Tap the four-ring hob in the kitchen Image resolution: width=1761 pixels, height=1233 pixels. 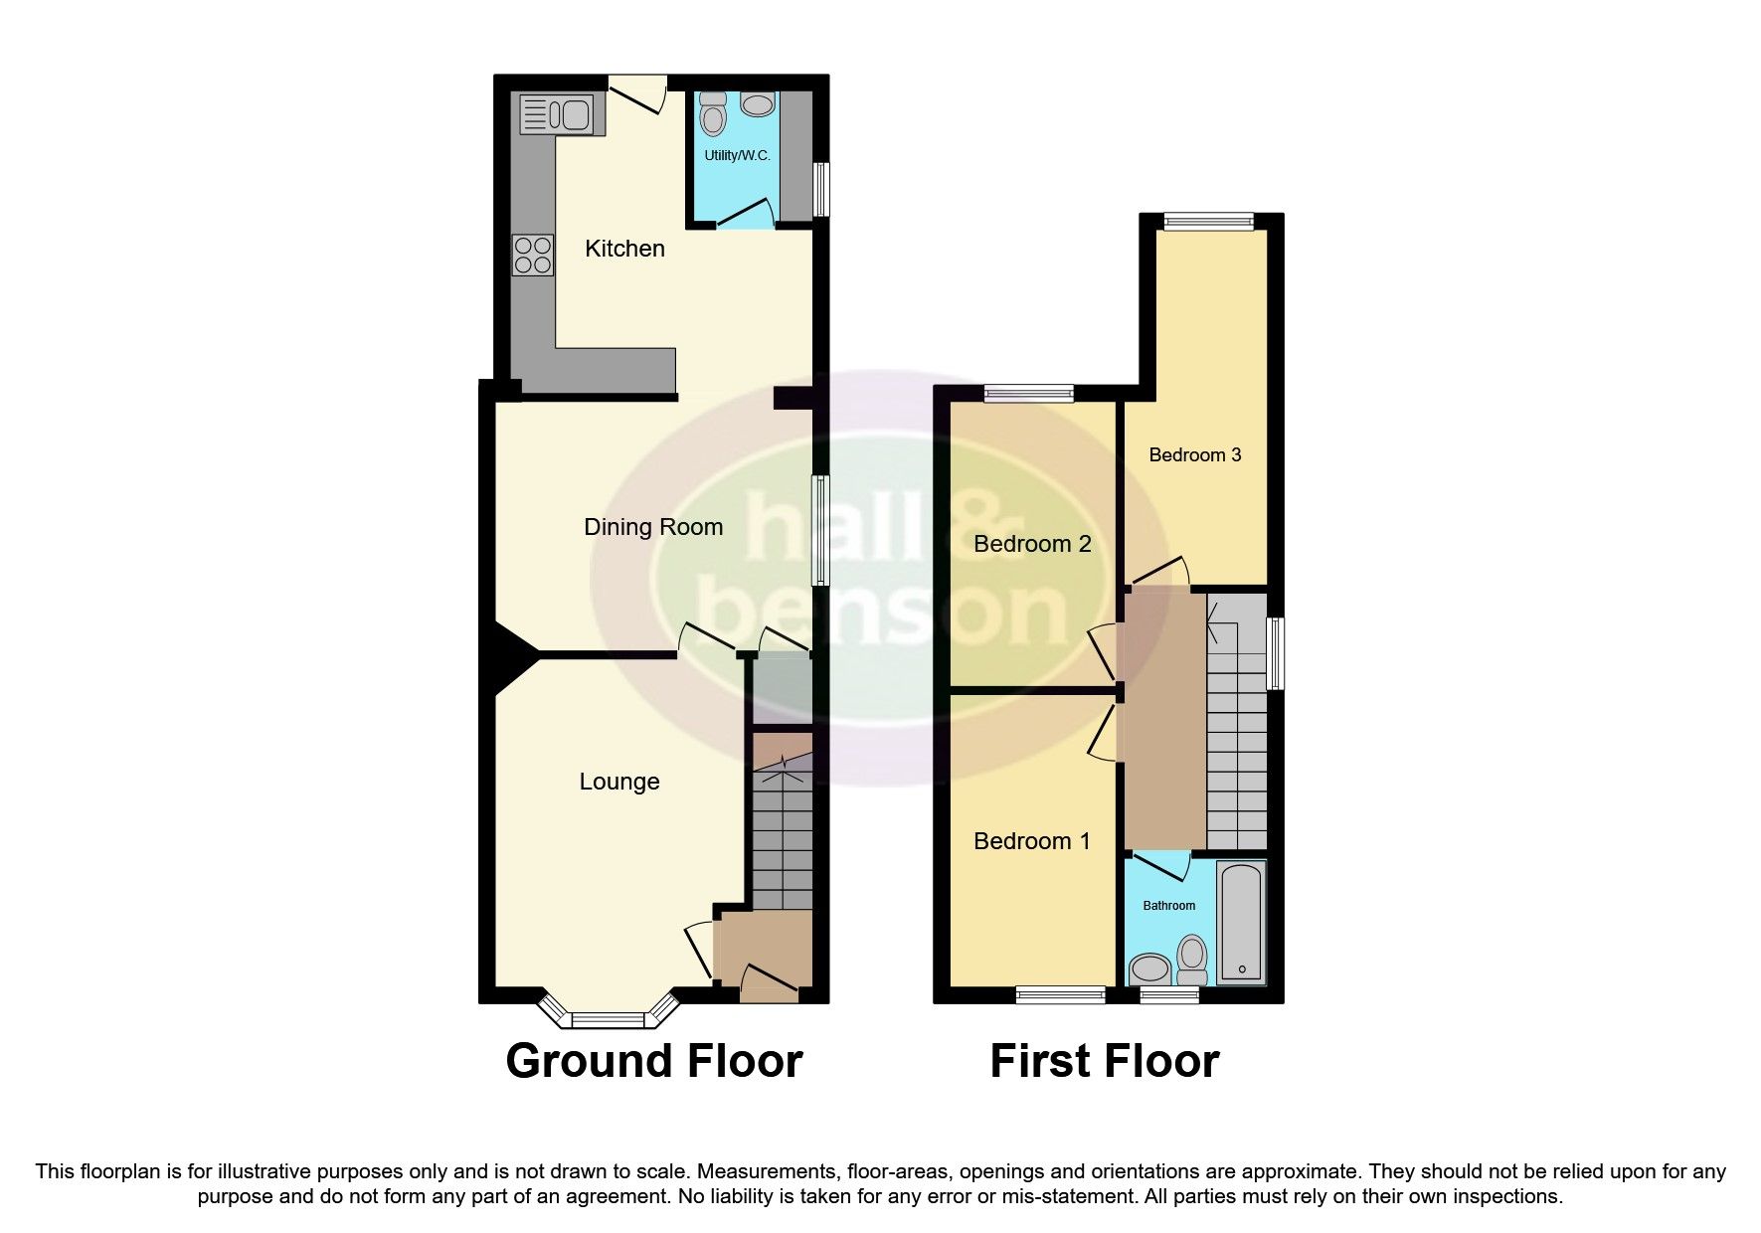pos(533,255)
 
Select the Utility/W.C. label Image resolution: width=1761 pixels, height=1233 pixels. pos(737,156)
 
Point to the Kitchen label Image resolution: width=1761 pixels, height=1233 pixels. pos(624,249)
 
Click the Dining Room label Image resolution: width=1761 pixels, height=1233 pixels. pos(653,527)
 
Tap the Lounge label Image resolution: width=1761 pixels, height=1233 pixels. pos(619,782)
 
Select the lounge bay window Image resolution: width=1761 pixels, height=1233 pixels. pos(608,1016)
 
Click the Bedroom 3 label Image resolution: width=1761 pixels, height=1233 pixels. pos(1194,455)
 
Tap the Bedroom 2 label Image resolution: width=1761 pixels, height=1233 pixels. pos(1032,544)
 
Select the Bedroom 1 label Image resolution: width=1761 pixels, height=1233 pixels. pos(1031,841)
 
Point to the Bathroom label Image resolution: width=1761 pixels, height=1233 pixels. pos(1168,906)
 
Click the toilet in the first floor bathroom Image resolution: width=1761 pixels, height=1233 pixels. pos(1191,957)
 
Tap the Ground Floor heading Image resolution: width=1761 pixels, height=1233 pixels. pos(653,1061)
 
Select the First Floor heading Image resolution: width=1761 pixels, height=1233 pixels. pos(1104,1061)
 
